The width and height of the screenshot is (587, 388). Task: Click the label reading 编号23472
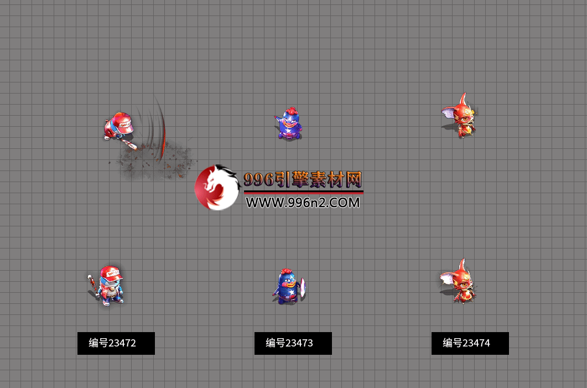click(116, 343)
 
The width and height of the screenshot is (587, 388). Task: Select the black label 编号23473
click(293, 343)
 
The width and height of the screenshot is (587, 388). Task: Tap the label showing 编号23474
click(470, 343)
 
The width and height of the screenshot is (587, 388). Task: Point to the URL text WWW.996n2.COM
click(303, 203)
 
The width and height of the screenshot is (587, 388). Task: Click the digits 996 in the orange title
click(259, 180)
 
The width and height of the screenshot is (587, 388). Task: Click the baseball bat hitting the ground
click(129, 143)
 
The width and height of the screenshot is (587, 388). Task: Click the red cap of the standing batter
click(111, 273)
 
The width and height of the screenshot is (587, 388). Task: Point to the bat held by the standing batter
click(92, 283)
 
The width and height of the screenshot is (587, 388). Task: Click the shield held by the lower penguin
click(303, 287)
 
